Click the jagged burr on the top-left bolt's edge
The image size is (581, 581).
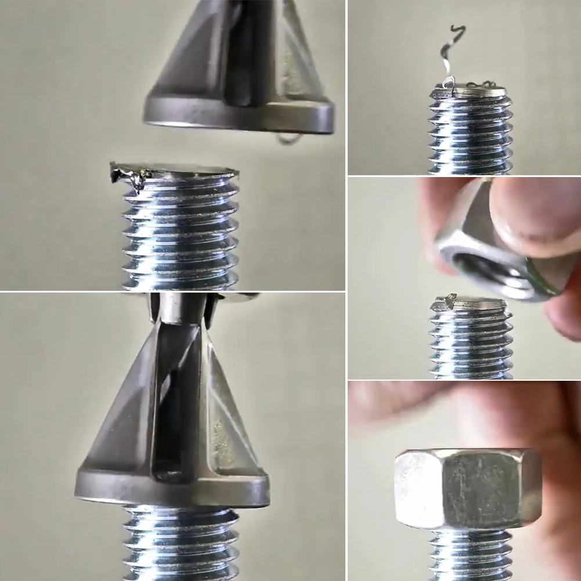(131, 175)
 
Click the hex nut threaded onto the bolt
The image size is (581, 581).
(467, 488)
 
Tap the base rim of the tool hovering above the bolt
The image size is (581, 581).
(238, 119)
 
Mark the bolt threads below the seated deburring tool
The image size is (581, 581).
(180, 543)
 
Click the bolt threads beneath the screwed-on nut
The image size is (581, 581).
(470, 557)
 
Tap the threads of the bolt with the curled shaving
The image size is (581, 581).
(470, 133)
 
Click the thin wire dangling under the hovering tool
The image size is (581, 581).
(288, 139)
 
